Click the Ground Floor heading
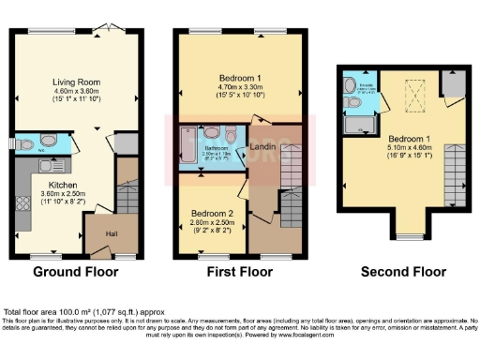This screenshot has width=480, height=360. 76,273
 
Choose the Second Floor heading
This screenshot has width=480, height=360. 404,273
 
